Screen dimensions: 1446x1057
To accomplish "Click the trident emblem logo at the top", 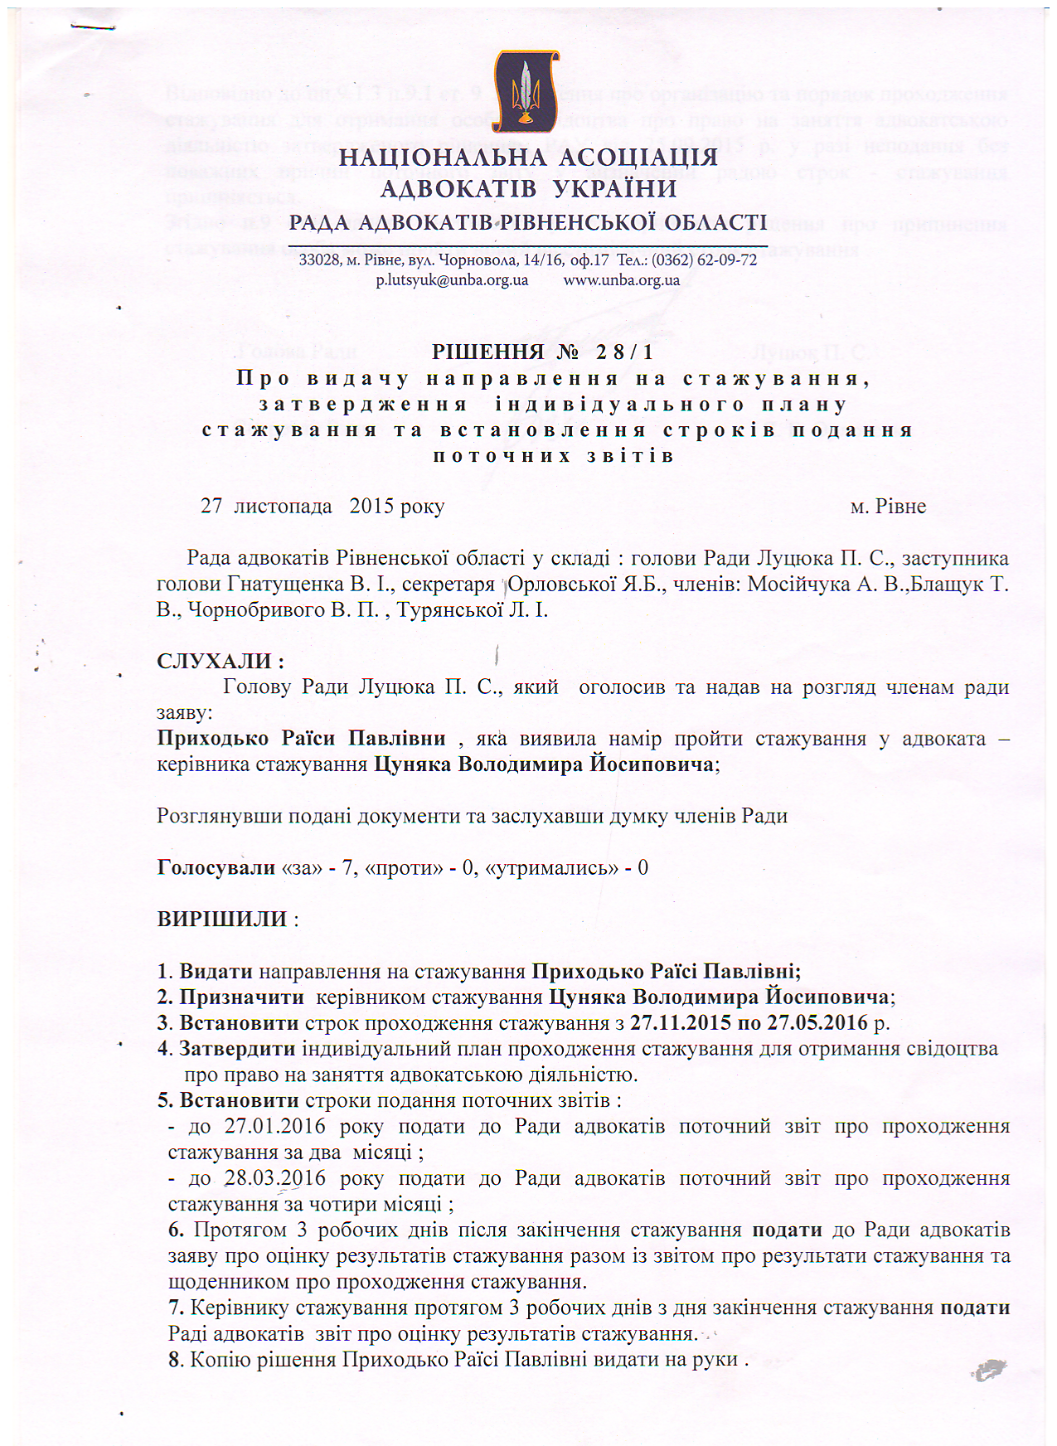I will [x=526, y=92].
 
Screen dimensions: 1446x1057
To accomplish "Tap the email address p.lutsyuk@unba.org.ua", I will [x=452, y=280].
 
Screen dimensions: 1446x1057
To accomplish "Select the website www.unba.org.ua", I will [x=622, y=280].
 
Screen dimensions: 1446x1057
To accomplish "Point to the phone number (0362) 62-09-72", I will [x=704, y=260].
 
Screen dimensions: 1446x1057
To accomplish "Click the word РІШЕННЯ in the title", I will [x=488, y=352].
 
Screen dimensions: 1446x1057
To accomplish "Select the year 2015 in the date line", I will [x=372, y=507].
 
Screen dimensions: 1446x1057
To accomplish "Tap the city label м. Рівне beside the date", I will [x=888, y=507].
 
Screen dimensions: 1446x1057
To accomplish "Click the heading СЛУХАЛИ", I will [x=221, y=662].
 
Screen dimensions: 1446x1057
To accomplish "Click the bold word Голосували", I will [x=216, y=868].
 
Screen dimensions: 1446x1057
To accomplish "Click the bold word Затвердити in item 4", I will [x=237, y=1049].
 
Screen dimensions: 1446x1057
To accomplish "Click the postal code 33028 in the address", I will [x=316, y=260].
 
